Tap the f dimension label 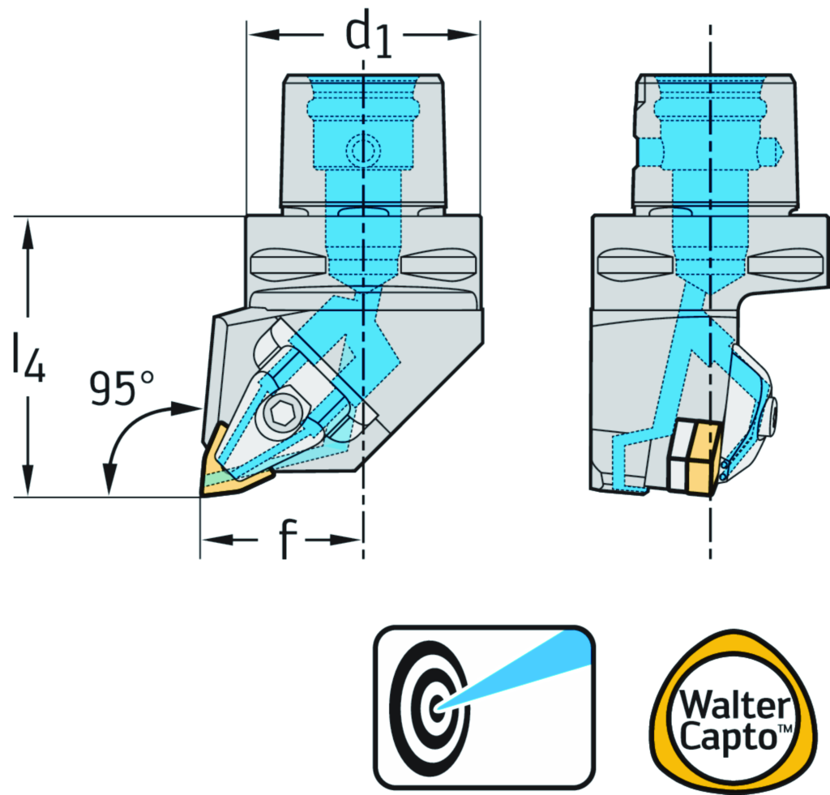click(x=284, y=541)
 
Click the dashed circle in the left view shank click(x=362, y=149)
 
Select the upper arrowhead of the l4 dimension click(x=28, y=231)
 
